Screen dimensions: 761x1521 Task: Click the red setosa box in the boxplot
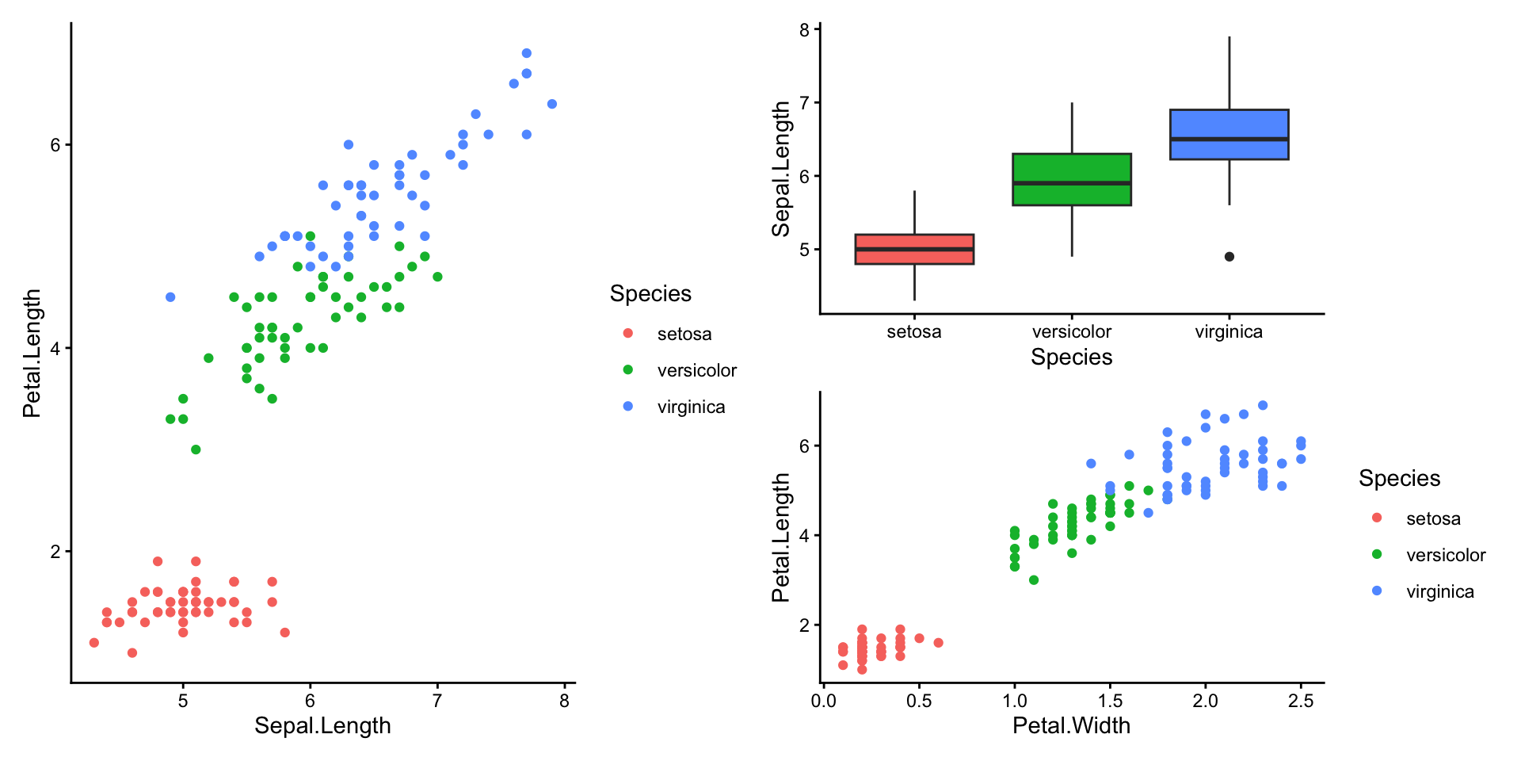914,249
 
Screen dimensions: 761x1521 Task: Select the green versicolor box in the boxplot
1071,180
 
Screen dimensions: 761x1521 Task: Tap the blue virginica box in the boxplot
1229,135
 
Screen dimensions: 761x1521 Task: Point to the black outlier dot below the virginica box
1229,257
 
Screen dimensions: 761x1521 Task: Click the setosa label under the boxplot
914,332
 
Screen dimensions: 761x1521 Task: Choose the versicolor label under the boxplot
1071,332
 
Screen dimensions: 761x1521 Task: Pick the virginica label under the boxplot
1229,332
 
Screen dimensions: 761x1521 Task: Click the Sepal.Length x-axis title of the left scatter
322,726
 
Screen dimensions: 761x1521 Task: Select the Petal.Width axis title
1071,726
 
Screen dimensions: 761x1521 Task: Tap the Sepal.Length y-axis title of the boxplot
782,169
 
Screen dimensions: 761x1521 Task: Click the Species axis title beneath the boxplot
1071,358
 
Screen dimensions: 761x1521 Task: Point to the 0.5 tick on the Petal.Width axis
919,701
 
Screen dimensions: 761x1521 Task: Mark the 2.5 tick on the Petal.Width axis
1301,701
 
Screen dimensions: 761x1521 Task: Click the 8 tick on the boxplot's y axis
805,30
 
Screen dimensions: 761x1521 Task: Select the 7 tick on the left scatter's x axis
437,701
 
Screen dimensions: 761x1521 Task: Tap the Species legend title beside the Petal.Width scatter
1399,479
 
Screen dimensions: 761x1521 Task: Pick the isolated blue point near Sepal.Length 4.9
170,297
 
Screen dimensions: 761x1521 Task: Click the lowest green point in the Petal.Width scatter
1034,580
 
